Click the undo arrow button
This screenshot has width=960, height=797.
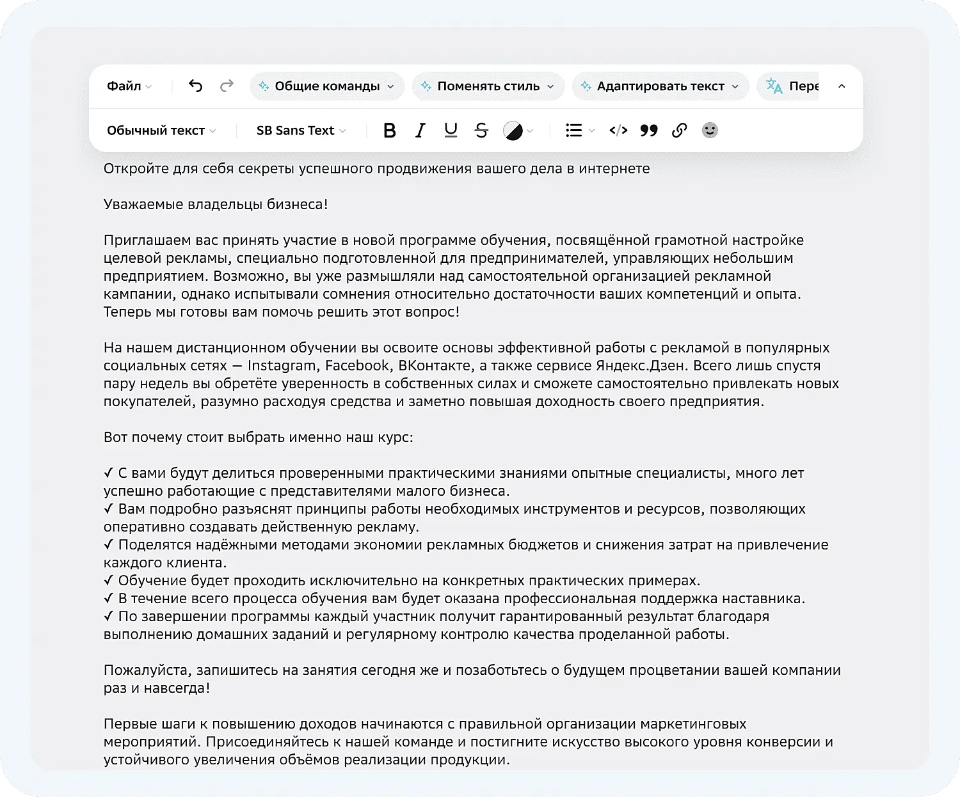tap(196, 86)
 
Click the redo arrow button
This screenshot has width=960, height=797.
tap(227, 86)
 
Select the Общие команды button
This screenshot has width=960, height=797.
tap(326, 86)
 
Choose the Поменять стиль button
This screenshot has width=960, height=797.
tap(488, 86)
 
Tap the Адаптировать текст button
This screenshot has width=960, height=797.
tap(660, 86)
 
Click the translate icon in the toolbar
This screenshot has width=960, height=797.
tap(774, 86)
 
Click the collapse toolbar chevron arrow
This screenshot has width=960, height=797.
tap(842, 86)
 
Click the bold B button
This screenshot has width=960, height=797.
tap(389, 130)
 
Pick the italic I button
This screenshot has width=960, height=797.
tap(420, 130)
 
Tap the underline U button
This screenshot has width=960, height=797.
tap(451, 130)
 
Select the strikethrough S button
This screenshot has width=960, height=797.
tap(481, 130)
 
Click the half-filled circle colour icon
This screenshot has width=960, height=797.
tap(513, 131)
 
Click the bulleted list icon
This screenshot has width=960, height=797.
tap(574, 130)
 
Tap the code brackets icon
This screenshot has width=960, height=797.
tap(618, 130)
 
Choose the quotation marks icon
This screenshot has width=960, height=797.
tap(649, 130)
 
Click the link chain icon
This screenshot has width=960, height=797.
tap(679, 130)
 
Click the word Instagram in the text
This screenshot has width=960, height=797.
tap(282, 366)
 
